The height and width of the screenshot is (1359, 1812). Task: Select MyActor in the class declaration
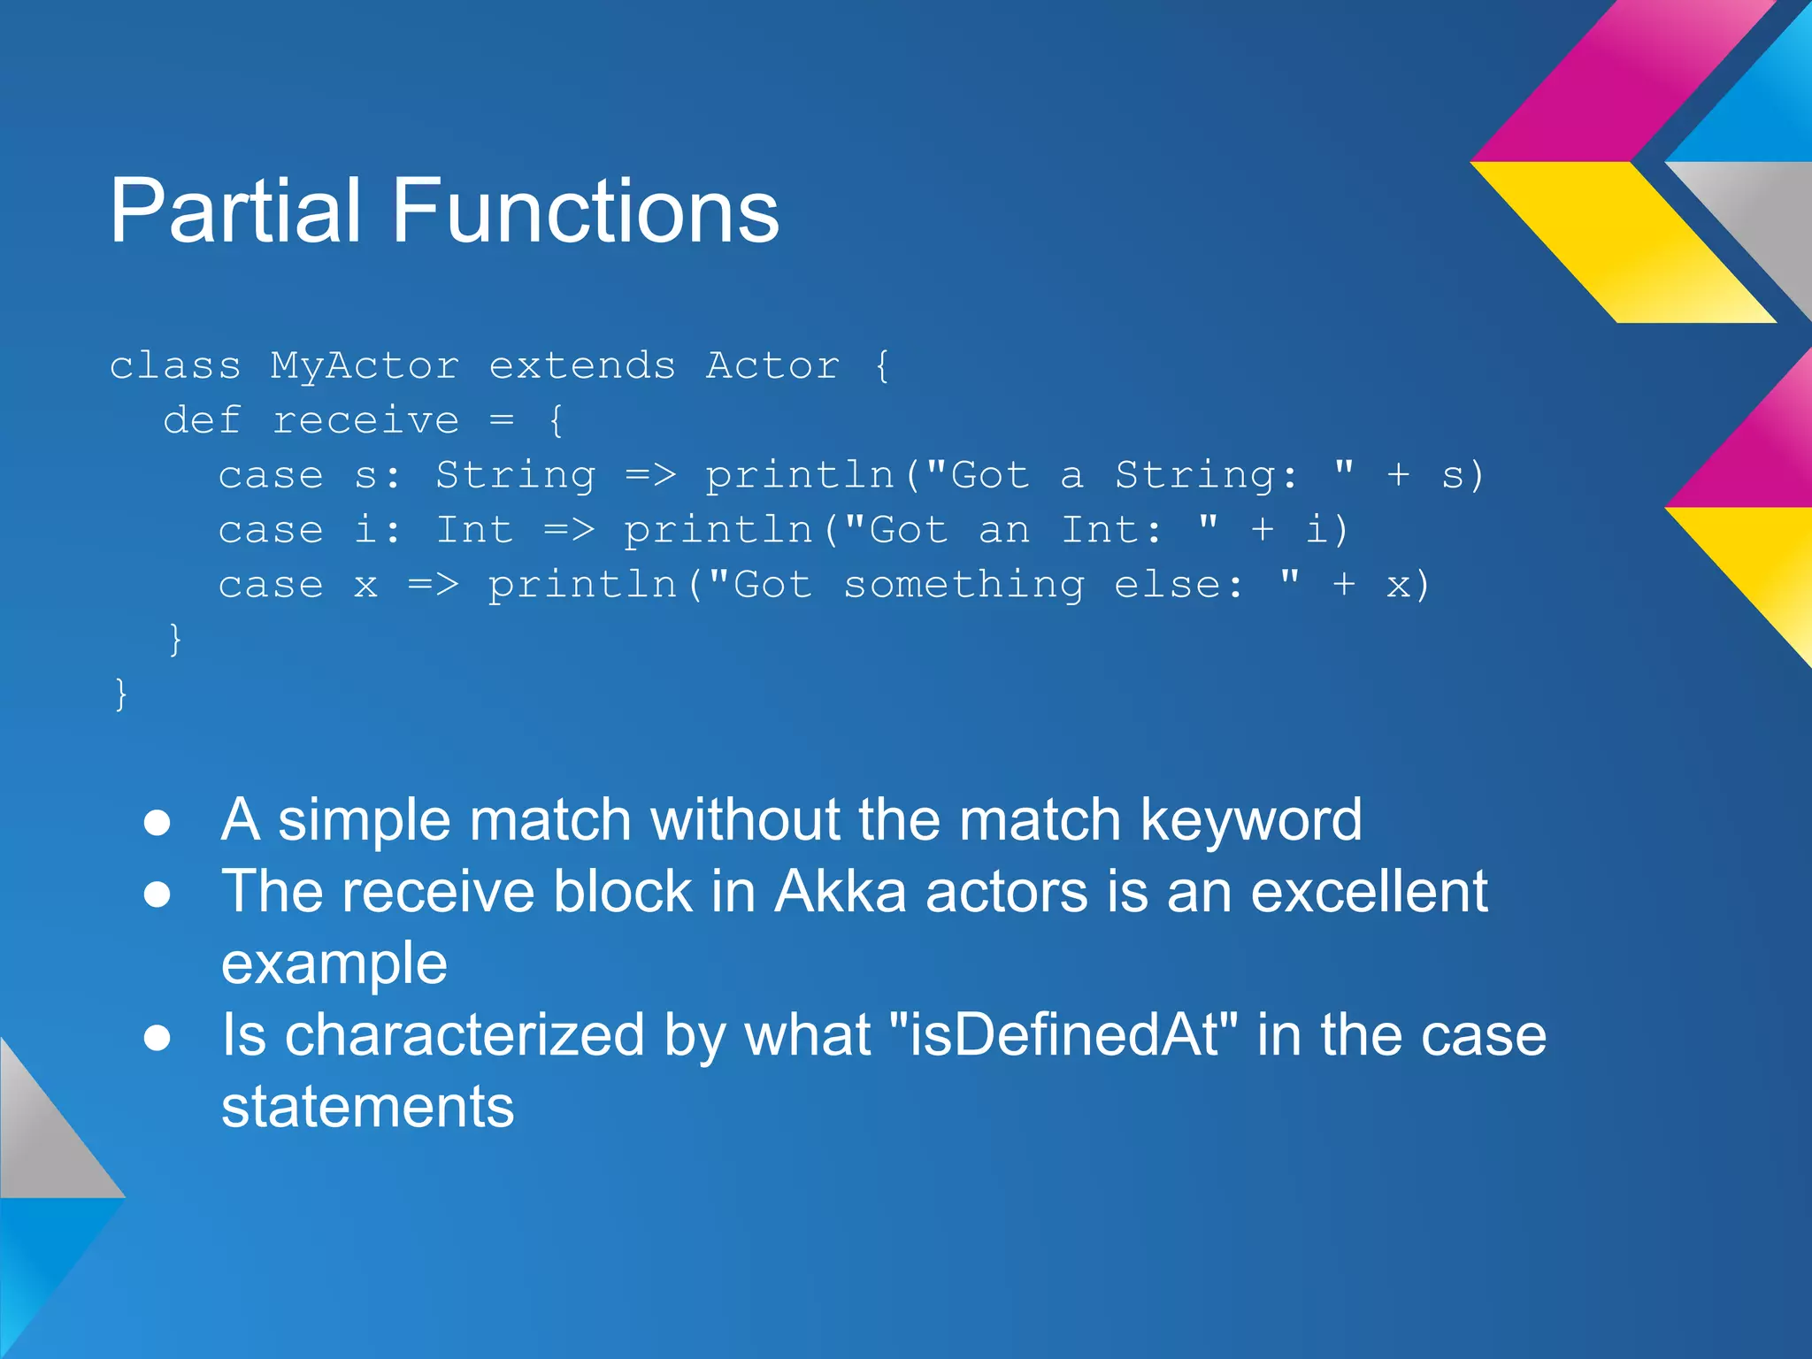(x=365, y=366)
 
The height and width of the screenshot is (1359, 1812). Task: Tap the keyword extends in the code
(x=582, y=366)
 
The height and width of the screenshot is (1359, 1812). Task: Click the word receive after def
(x=365, y=421)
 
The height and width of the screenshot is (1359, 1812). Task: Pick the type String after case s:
(x=515, y=476)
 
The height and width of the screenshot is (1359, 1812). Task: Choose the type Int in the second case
(x=474, y=531)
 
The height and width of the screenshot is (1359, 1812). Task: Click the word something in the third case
(x=963, y=586)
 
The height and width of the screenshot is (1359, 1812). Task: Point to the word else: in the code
(x=1179, y=586)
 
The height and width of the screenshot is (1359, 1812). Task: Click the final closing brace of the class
(x=121, y=694)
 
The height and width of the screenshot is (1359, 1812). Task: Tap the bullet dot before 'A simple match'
(x=157, y=823)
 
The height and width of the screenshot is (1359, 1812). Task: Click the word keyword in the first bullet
(x=1251, y=820)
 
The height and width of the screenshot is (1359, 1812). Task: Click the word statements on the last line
(x=367, y=1107)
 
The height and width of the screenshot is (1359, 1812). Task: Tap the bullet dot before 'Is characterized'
(x=157, y=1038)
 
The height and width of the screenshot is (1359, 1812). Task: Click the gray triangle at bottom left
(x=44, y=1141)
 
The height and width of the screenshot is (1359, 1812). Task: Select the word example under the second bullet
(x=334, y=964)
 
